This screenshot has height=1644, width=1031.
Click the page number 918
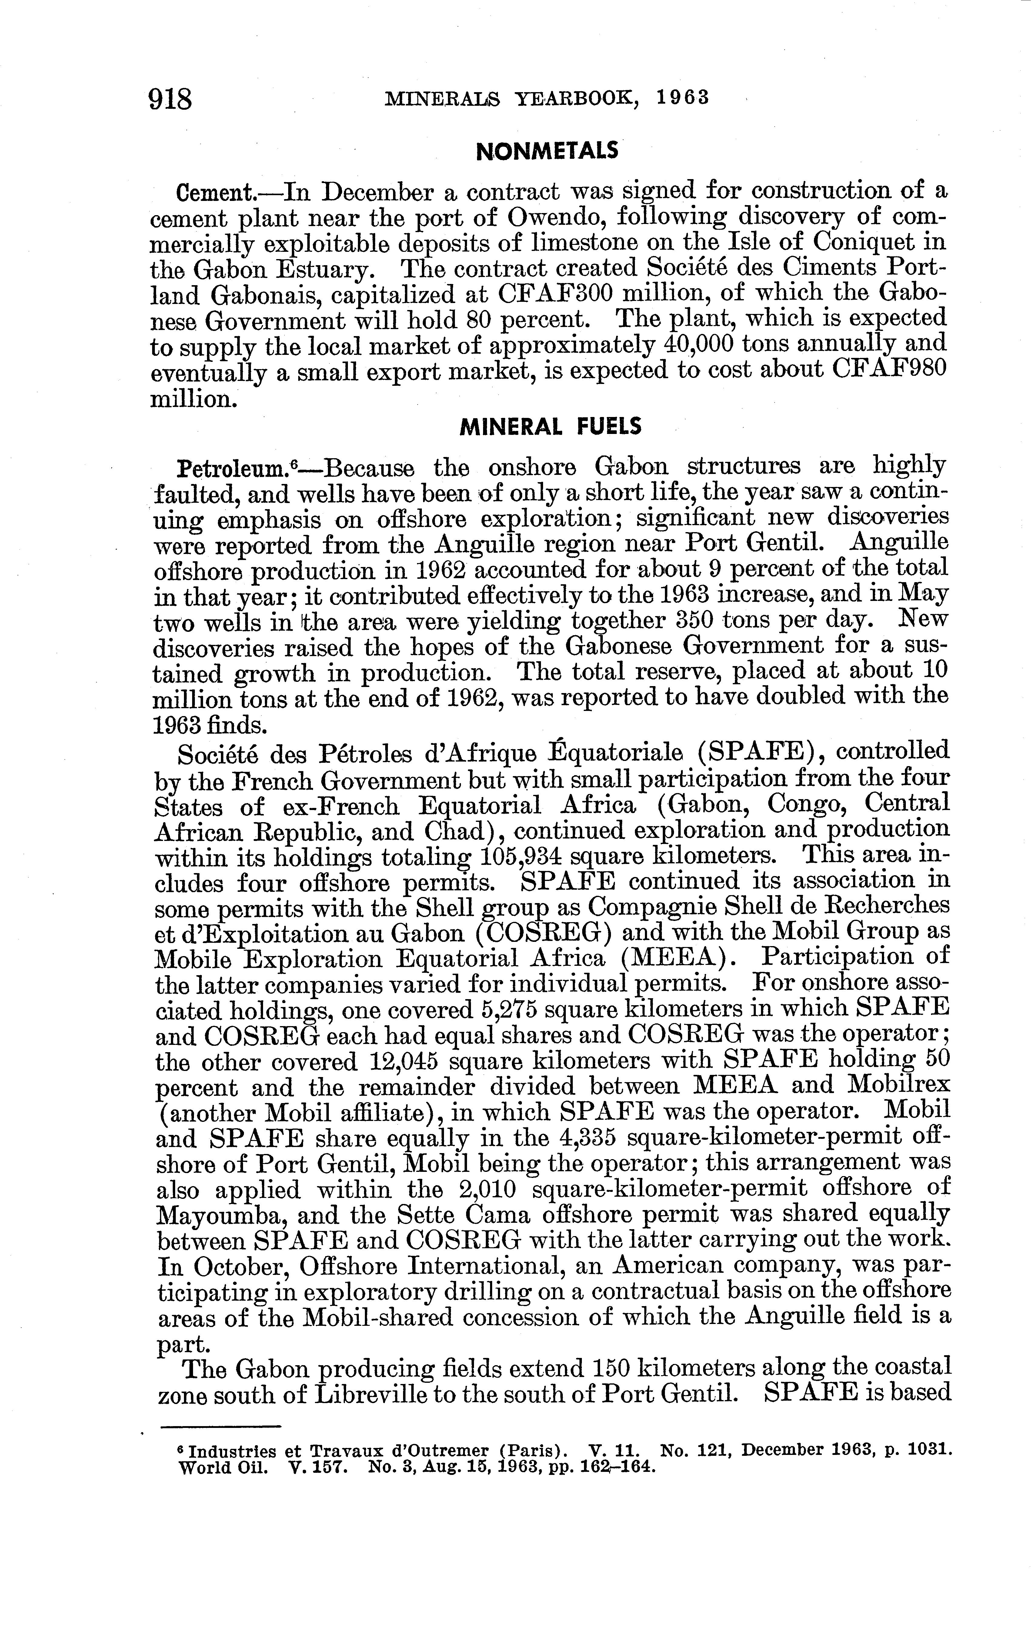click(170, 100)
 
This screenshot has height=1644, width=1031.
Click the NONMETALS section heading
click(547, 151)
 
